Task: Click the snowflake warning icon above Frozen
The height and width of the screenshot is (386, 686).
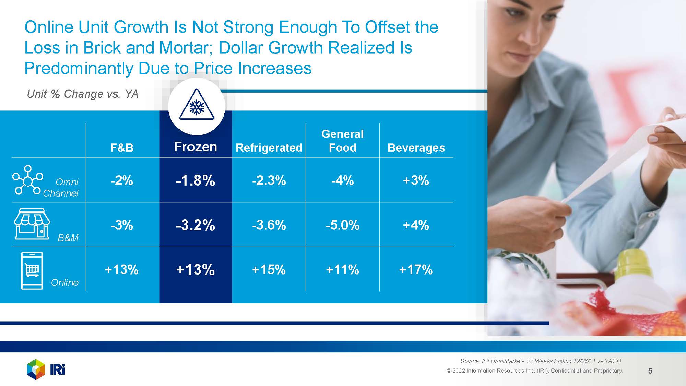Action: pos(197,105)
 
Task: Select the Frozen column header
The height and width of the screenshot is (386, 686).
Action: pos(196,147)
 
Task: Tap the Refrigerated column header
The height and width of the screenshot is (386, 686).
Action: pos(269,148)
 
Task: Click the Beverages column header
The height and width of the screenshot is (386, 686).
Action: pos(416,148)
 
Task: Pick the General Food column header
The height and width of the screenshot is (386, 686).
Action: pos(342,141)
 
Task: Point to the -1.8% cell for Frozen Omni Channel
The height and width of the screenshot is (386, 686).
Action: pos(196,180)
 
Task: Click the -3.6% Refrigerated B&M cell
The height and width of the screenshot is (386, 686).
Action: pos(269,225)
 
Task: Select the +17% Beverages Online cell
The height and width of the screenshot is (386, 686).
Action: pos(416,270)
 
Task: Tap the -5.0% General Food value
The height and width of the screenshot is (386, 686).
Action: pos(342,225)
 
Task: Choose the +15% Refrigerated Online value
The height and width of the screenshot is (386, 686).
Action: pos(269,270)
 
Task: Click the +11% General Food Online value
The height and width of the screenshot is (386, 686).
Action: pos(342,270)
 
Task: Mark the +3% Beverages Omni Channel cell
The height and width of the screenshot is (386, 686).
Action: pos(416,180)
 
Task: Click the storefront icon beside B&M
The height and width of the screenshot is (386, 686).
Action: pos(32,224)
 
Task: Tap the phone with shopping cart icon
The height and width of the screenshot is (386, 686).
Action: pos(32,271)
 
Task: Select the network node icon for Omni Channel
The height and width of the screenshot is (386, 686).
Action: pos(27,180)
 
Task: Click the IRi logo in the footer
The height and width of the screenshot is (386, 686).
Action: pos(46,370)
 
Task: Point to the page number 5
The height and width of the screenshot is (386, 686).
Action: pos(650,371)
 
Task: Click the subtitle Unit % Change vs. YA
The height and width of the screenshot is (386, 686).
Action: pos(82,94)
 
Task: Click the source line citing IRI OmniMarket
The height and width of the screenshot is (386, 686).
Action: pos(541,361)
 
